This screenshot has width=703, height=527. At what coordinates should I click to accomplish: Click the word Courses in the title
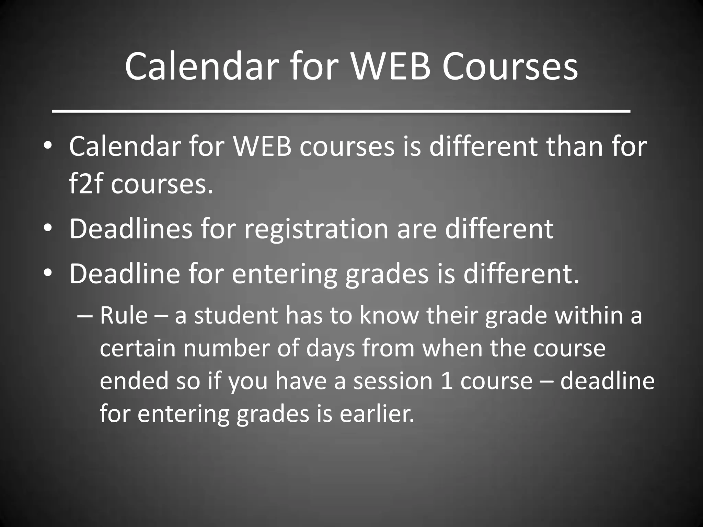point(510,66)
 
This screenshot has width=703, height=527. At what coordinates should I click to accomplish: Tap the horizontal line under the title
point(341,111)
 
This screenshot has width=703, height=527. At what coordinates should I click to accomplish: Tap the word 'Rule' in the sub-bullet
point(124,315)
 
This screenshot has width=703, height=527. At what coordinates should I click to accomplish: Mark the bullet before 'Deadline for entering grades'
point(48,273)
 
